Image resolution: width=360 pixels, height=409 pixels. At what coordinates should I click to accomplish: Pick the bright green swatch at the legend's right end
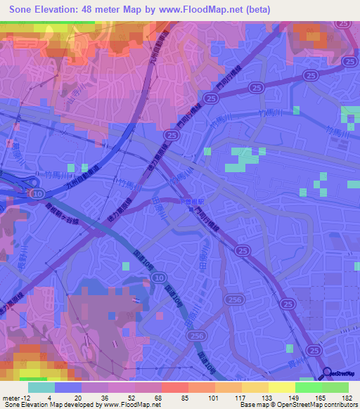coord(335,387)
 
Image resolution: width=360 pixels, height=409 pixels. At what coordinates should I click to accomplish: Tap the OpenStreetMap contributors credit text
coord(309,405)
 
